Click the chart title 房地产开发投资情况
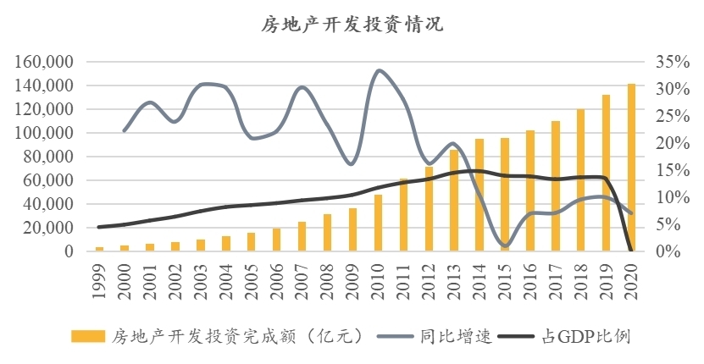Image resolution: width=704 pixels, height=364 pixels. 352,25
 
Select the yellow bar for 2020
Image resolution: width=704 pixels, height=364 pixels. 631,168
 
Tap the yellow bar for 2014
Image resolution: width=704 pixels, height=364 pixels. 479,195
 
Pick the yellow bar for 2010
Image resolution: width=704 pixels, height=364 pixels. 378,223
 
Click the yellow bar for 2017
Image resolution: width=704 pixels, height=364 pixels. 556,186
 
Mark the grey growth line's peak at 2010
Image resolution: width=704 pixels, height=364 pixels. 379,70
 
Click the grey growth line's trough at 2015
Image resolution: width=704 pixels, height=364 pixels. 506,245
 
